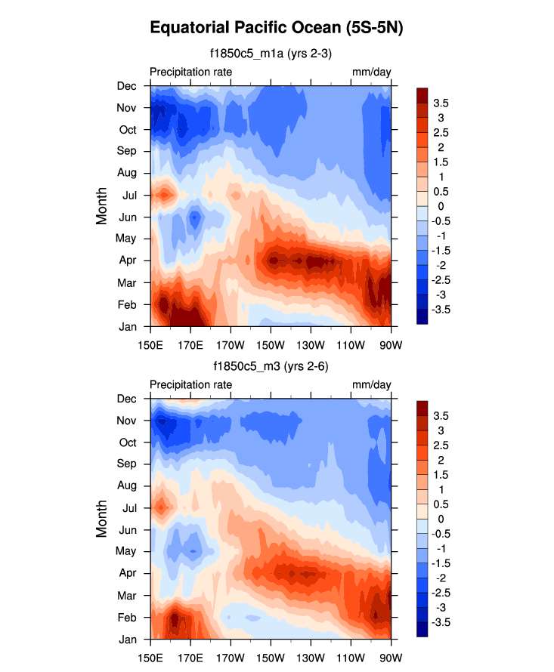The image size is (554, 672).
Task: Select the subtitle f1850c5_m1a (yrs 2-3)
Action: pyautogui.click(x=271, y=54)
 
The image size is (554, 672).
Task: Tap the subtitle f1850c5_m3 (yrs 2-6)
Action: pyautogui.click(x=271, y=366)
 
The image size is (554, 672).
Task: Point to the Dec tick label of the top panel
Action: pyautogui.click(x=126, y=85)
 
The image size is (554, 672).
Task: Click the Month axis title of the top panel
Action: pyautogui.click(x=102, y=205)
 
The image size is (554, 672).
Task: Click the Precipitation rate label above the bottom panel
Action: pyautogui.click(x=190, y=384)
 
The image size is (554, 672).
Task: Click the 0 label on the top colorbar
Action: pyautogui.click(x=436, y=205)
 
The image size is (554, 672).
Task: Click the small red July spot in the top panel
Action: pyautogui.click(x=162, y=195)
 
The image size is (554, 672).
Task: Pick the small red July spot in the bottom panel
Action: pyautogui.click(x=160, y=506)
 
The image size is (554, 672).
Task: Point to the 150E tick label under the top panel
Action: pyautogui.click(x=150, y=338)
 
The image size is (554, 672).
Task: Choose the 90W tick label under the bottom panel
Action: pyautogui.click(x=391, y=650)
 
